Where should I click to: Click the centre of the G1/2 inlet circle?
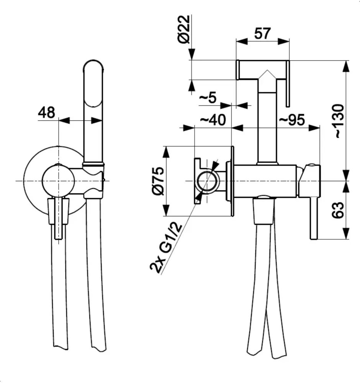click(x=207, y=181)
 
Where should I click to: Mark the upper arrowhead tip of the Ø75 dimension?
click(x=166, y=147)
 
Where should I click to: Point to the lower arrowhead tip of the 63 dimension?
click(x=346, y=239)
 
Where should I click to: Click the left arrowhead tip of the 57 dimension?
click(x=236, y=41)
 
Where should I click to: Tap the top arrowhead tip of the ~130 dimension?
click(x=346, y=61)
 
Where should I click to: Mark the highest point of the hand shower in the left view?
click(x=93, y=60)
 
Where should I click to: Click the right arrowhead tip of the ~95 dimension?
click(x=320, y=128)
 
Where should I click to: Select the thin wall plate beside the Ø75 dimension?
click(x=232, y=181)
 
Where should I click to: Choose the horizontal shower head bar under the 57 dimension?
click(x=263, y=70)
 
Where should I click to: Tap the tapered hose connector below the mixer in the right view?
click(x=263, y=211)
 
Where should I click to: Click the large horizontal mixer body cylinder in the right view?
click(x=265, y=181)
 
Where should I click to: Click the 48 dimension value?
click(x=47, y=113)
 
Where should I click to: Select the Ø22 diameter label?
click(x=184, y=29)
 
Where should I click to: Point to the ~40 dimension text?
click(x=213, y=120)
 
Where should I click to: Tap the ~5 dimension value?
click(x=208, y=98)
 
